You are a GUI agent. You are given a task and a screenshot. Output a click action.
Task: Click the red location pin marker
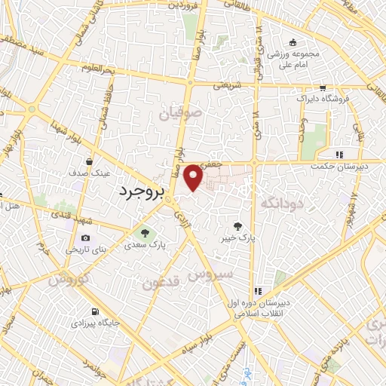pyautogui.click(x=194, y=176)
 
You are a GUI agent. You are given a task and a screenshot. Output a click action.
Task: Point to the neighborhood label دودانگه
pyautogui.click(x=281, y=202)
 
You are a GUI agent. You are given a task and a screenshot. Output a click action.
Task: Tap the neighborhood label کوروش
pyautogui.click(x=69, y=279)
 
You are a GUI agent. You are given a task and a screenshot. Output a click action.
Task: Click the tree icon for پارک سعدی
pyautogui.click(x=147, y=233)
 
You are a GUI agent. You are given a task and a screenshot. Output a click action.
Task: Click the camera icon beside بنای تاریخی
pyautogui.click(x=85, y=238)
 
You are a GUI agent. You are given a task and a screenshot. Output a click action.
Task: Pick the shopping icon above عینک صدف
pyautogui.click(x=89, y=161)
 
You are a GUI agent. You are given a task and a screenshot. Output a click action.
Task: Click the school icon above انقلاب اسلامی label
pyautogui.click(x=256, y=290)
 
